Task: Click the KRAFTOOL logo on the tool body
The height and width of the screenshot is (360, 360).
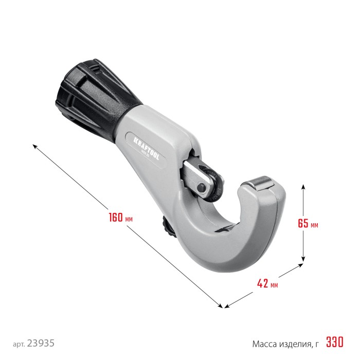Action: pyautogui.click(x=148, y=150)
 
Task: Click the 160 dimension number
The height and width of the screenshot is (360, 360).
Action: pyautogui.click(x=115, y=217)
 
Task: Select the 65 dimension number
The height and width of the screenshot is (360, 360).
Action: pyautogui.click(x=303, y=224)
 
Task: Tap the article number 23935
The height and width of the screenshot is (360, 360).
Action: pyautogui.click(x=41, y=343)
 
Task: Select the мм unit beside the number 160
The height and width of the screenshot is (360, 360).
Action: pyautogui.click(x=129, y=219)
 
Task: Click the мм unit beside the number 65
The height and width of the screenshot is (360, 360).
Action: pyautogui.click(x=314, y=225)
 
